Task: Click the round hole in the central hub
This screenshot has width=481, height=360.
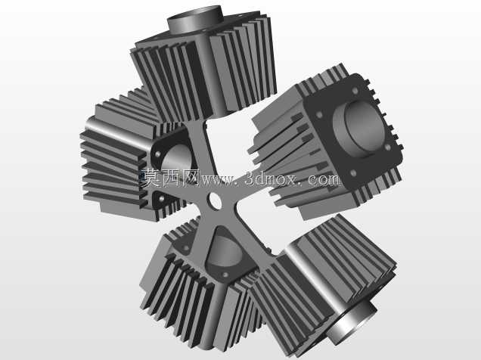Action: [x=215, y=200]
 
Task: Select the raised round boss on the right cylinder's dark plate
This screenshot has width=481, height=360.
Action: [x=359, y=129]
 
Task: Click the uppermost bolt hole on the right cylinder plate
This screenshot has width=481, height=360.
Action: [x=355, y=91]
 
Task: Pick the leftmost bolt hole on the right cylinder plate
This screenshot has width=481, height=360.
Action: [x=319, y=115]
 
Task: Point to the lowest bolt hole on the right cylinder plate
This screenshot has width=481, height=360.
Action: [x=353, y=173]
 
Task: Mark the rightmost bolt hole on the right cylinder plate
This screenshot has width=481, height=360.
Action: [x=388, y=147]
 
